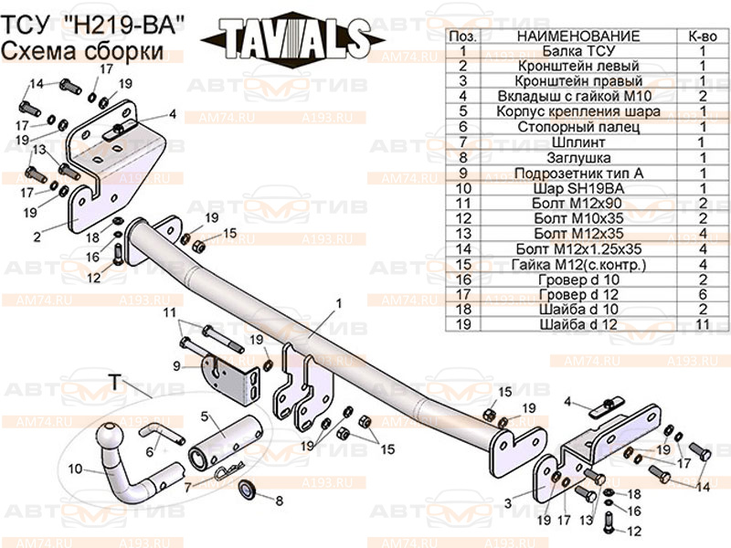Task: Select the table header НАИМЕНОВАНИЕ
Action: pos(578,35)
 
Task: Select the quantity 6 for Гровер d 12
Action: pos(703,292)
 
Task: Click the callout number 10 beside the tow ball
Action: pos(75,469)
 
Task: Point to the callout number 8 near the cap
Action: pos(279,500)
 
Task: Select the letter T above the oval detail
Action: pos(115,381)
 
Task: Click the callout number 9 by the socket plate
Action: pos(177,366)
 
